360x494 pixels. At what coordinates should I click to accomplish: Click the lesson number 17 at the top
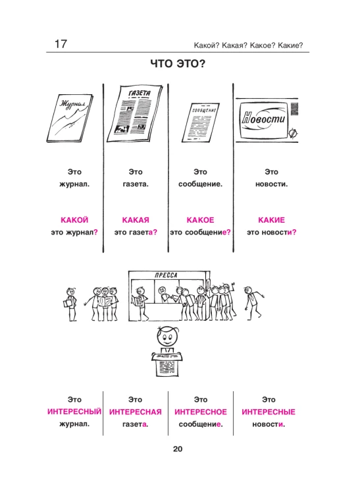61,43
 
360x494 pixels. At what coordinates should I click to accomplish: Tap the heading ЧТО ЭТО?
178,64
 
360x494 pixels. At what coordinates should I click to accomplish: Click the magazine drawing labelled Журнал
70,118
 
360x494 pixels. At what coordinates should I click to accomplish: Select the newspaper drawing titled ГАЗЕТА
135,114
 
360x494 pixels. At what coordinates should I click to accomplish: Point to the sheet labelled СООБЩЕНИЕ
201,123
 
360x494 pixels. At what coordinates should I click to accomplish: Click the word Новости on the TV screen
263,119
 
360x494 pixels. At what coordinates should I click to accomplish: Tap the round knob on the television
293,134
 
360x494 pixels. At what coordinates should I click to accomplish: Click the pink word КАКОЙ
74,220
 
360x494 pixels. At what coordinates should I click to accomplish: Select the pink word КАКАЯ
136,220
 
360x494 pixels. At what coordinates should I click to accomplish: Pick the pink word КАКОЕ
201,220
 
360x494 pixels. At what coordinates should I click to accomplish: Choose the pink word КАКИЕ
272,220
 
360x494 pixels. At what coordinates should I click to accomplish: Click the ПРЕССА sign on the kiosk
166,275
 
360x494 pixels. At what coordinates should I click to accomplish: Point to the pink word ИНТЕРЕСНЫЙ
74,412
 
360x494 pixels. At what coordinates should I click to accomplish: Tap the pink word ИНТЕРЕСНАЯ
136,412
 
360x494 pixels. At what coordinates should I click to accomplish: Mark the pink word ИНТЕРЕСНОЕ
201,412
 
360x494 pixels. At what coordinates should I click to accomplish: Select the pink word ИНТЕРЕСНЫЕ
269,412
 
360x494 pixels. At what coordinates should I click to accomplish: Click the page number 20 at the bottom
178,449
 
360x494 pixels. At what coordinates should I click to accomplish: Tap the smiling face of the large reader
167,338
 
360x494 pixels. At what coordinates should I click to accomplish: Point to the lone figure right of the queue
253,303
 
